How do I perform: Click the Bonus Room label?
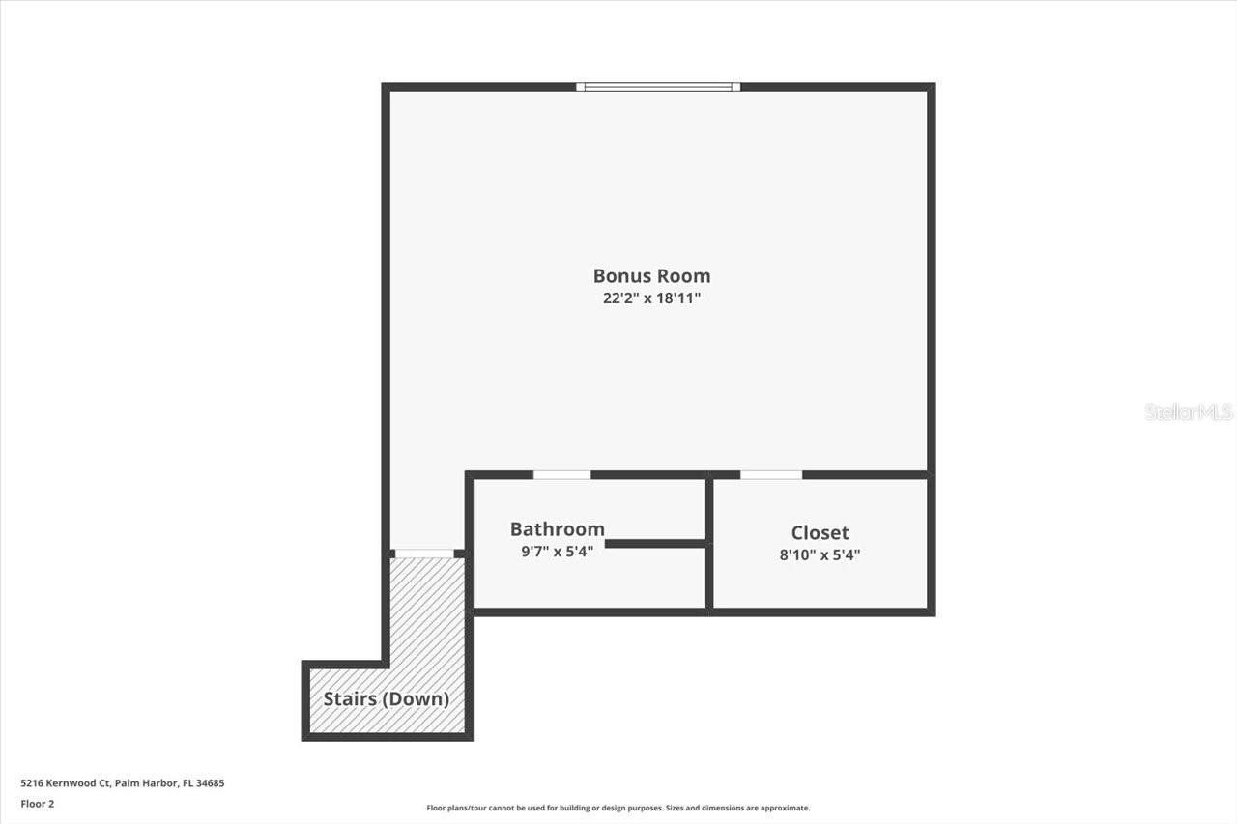tap(651, 276)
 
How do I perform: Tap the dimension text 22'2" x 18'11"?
tap(651, 298)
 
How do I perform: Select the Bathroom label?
tap(558, 529)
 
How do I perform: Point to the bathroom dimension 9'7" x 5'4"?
tap(557, 552)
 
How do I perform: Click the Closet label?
tap(820, 532)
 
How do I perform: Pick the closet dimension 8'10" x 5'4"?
tap(820, 554)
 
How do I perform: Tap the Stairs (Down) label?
tap(386, 698)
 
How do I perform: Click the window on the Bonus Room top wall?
tap(658, 87)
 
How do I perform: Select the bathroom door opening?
tap(561, 475)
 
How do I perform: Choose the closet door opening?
tap(771, 475)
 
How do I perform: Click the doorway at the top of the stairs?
tap(424, 554)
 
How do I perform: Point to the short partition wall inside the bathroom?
tap(655, 544)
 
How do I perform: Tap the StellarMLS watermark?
tap(1189, 412)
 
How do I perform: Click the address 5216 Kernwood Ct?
tap(66, 783)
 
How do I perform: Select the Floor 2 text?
tap(37, 803)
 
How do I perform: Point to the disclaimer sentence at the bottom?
tap(618, 808)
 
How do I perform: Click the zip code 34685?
tap(211, 783)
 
